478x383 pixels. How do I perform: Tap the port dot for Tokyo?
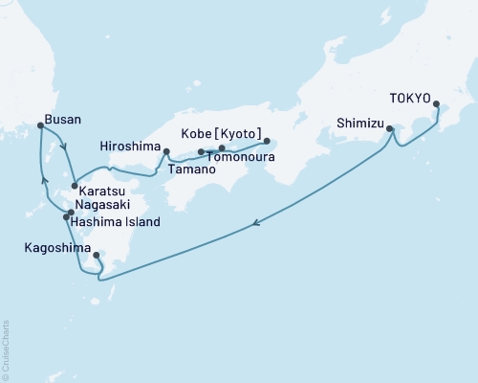pos(437,104)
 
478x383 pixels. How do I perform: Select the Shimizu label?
pos(360,122)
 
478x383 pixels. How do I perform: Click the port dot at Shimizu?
pos(390,128)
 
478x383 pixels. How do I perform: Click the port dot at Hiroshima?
pos(166,150)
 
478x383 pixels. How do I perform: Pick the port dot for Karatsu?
pos(75,186)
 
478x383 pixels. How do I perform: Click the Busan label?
pos(62,120)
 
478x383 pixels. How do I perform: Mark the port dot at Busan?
pos(40,124)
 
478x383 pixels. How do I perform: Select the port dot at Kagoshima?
pos(97,256)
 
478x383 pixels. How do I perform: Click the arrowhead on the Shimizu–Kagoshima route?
pos(256,225)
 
